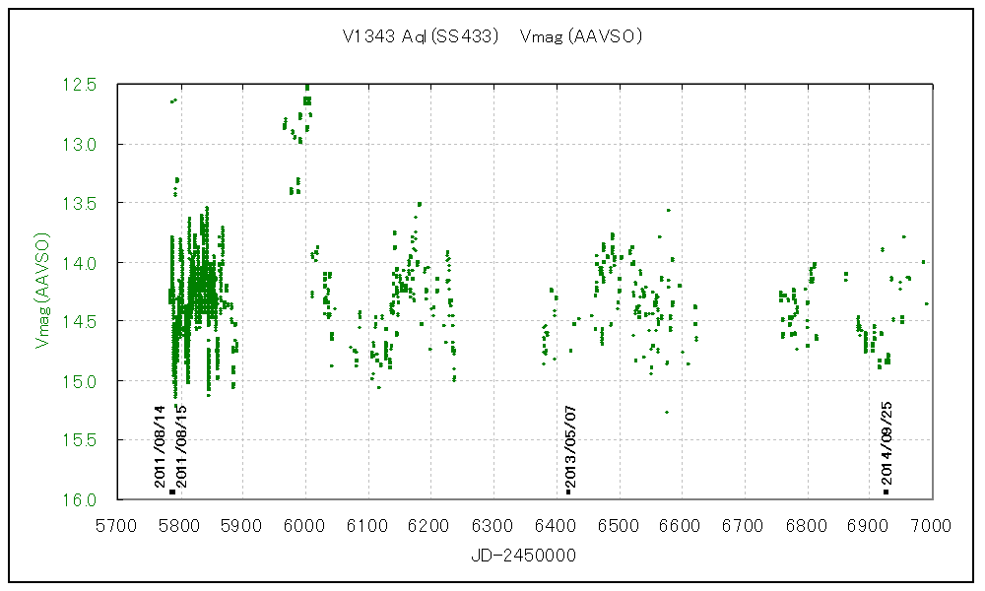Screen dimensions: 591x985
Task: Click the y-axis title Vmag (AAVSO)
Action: [42, 291]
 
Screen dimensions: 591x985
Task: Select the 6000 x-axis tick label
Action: [305, 524]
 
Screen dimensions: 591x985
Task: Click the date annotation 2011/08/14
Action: [160, 446]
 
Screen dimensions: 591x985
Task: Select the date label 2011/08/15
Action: [182, 446]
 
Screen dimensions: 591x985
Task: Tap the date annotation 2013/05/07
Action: [568, 446]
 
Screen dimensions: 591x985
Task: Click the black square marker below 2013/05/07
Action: [568, 491]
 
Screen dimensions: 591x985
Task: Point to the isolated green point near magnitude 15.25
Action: [667, 412]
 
